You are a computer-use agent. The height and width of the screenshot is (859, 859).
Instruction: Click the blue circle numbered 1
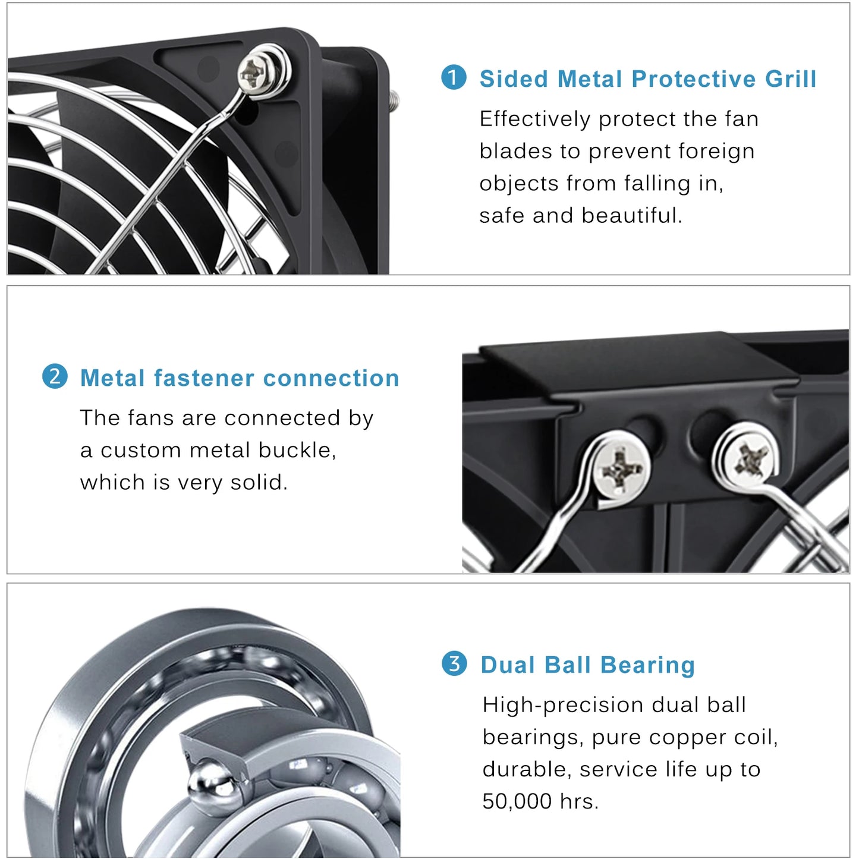[x=454, y=78]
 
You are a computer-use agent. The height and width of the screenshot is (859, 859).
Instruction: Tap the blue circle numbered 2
[x=55, y=377]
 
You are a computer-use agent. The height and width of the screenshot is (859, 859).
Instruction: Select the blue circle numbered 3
[x=454, y=663]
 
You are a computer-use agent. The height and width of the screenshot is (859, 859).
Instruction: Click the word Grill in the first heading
[x=791, y=79]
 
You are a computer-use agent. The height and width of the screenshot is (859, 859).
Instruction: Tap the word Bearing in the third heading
[x=647, y=665]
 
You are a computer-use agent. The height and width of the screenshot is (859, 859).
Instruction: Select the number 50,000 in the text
[x=517, y=801]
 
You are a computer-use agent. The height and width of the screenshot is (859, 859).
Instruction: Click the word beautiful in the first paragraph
[x=631, y=215]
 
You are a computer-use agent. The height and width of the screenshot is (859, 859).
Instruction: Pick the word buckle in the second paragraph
[x=297, y=450]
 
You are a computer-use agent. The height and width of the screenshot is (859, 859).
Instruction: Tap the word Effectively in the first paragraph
[x=534, y=119]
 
